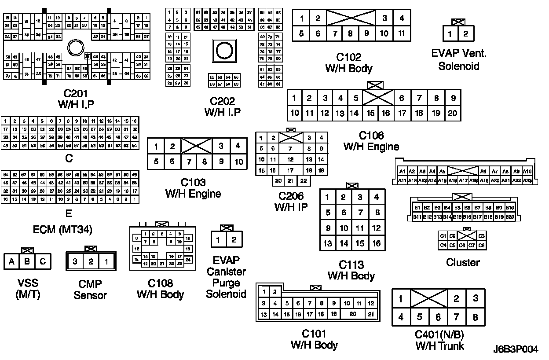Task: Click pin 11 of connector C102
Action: tap(401, 33)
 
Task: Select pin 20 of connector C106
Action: tap(452, 113)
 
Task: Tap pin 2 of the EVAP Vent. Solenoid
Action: tap(466, 34)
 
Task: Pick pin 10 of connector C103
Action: tap(238, 162)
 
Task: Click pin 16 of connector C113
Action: tap(376, 243)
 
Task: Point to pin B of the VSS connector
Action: tap(27, 262)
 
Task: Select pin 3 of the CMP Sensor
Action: tap(75, 262)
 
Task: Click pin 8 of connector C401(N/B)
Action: tap(475, 317)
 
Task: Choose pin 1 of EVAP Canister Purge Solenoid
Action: tap(218, 240)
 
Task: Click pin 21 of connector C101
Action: tap(371, 314)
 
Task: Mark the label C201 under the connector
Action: tap(76, 93)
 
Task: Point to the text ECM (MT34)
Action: tap(62, 230)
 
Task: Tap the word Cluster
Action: tap(463, 263)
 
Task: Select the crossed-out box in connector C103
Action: tap(197, 146)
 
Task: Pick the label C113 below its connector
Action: tap(351, 265)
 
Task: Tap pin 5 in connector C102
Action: tap(301, 33)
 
